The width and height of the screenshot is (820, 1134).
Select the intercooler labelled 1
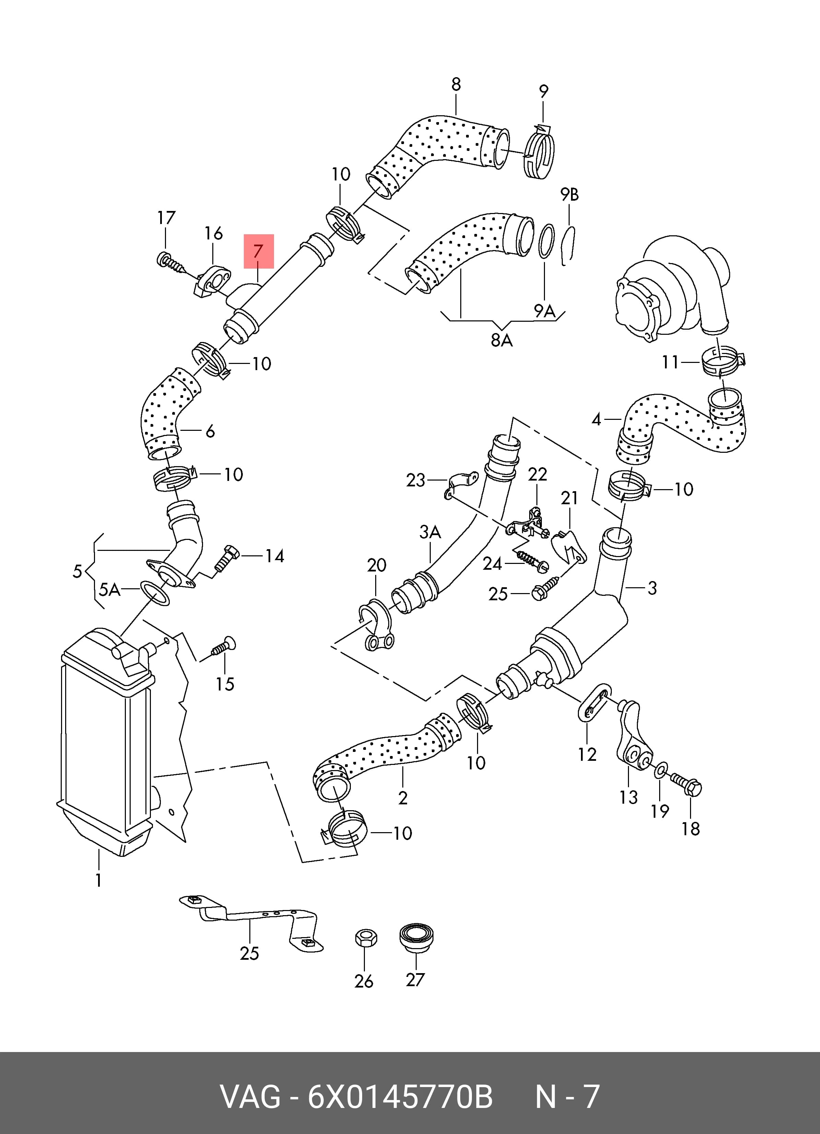(x=106, y=743)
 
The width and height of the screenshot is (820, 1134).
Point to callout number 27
(x=415, y=980)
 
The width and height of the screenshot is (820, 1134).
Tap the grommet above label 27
(x=416, y=937)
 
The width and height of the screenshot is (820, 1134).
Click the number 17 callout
(x=166, y=218)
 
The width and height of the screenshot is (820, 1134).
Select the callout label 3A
(x=430, y=532)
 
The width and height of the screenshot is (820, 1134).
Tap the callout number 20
(x=377, y=566)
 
